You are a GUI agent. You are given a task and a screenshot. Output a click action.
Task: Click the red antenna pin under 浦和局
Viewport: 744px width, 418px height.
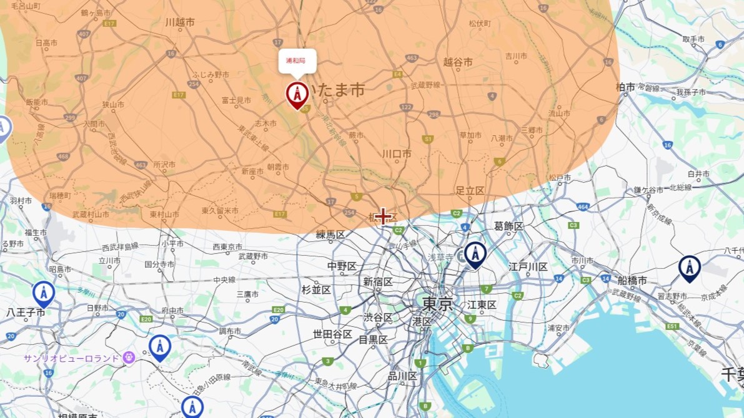[297, 94]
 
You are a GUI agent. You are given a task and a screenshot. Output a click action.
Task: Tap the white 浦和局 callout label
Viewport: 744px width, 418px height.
[297, 61]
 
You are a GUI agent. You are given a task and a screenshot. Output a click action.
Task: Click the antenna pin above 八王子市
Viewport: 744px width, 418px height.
[43, 292]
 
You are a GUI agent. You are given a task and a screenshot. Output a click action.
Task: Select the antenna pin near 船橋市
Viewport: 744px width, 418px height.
[689, 267]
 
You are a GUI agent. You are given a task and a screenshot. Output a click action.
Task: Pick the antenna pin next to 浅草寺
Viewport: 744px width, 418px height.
[475, 254]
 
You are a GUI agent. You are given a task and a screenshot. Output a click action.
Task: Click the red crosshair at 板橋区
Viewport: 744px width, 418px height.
[383, 216]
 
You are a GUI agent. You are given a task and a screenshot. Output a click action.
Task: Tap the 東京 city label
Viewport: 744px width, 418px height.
[437, 304]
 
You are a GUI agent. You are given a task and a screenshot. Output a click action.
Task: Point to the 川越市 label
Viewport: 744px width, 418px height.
[180, 22]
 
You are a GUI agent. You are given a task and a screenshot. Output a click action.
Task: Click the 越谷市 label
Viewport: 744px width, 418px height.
[457, 62]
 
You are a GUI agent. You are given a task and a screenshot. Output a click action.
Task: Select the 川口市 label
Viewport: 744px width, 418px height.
[397, 153]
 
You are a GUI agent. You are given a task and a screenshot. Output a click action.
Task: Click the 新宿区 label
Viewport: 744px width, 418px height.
[378, 282]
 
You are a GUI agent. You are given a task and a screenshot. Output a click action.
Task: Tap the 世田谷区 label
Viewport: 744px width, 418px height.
[333, 334]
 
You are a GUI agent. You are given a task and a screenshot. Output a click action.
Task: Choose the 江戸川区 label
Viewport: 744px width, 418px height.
[528, 267]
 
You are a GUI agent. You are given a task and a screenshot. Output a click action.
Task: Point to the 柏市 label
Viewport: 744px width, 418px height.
[625, 87]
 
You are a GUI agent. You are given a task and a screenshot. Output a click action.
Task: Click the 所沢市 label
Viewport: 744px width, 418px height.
[165, 165]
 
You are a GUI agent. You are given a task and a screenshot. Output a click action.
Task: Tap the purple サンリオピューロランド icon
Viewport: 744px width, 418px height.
[129, 357]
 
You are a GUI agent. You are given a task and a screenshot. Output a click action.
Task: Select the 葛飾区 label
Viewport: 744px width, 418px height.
[508, 226]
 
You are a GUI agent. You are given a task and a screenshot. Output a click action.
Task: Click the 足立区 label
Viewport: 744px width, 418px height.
[470, 190]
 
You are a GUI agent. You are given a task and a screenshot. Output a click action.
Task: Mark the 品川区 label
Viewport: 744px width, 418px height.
[402, 376]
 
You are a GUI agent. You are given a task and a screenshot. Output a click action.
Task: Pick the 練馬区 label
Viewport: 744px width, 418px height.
[330, 235]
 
